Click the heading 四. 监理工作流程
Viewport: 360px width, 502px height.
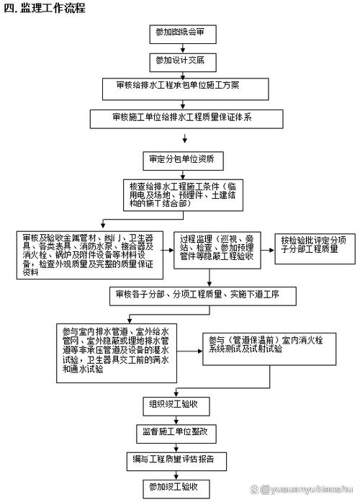click(x=44, y=9)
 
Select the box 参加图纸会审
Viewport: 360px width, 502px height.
click(x=180, y=32)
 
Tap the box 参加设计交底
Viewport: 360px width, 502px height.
click(x=180, y=59)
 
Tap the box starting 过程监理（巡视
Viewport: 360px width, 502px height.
click(x=217, y=248)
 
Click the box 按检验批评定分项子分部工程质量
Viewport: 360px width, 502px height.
click(x=311, y=245)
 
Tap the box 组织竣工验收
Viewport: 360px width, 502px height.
click(x=179, y=403)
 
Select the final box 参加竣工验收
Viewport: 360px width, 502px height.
click(x=180, y=486)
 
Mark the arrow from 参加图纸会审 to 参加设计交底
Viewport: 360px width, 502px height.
click(x=179, y=46)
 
